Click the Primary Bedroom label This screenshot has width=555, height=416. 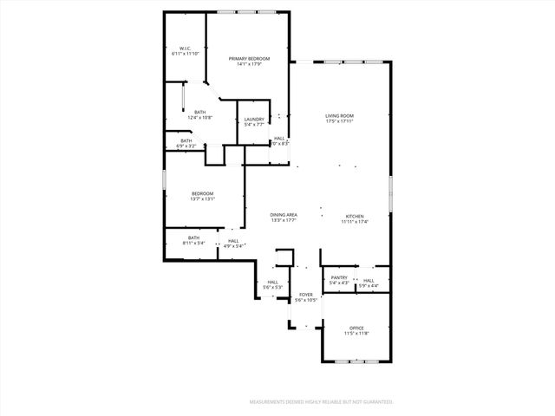(249, 59)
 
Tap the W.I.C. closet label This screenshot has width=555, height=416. (186, 49)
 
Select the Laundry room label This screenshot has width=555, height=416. (254, 119)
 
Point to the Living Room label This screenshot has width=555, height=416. (340, 115)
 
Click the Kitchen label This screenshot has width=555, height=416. (356, 216)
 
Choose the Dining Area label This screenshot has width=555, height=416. (284, 215)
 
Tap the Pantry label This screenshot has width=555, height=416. (339, 277)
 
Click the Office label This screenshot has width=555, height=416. (356, 327)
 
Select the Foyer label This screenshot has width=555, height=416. (305, 295)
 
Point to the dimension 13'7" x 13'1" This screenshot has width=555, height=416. (202, 198)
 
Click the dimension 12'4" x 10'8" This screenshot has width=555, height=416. (200, 117)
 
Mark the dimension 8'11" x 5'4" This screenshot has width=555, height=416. (193, 243)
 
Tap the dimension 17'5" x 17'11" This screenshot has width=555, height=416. (340, 120)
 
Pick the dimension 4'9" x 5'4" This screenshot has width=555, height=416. (233, 246)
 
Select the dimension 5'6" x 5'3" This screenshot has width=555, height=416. (272, 287)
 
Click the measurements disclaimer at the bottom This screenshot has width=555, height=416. (322, 402)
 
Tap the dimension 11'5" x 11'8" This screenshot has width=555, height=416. (356, 332)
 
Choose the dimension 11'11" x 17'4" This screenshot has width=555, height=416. (356, 221)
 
